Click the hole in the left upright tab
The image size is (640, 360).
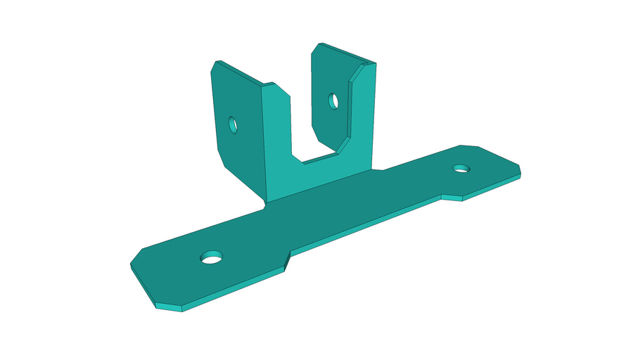click(x=233, y=125)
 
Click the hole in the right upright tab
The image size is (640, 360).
click(x=334, y=101)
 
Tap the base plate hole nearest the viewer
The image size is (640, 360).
click(x=210, y=257)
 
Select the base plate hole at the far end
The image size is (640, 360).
click(x=461, y=168)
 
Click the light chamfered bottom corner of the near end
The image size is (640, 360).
click(x=169, y=308)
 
